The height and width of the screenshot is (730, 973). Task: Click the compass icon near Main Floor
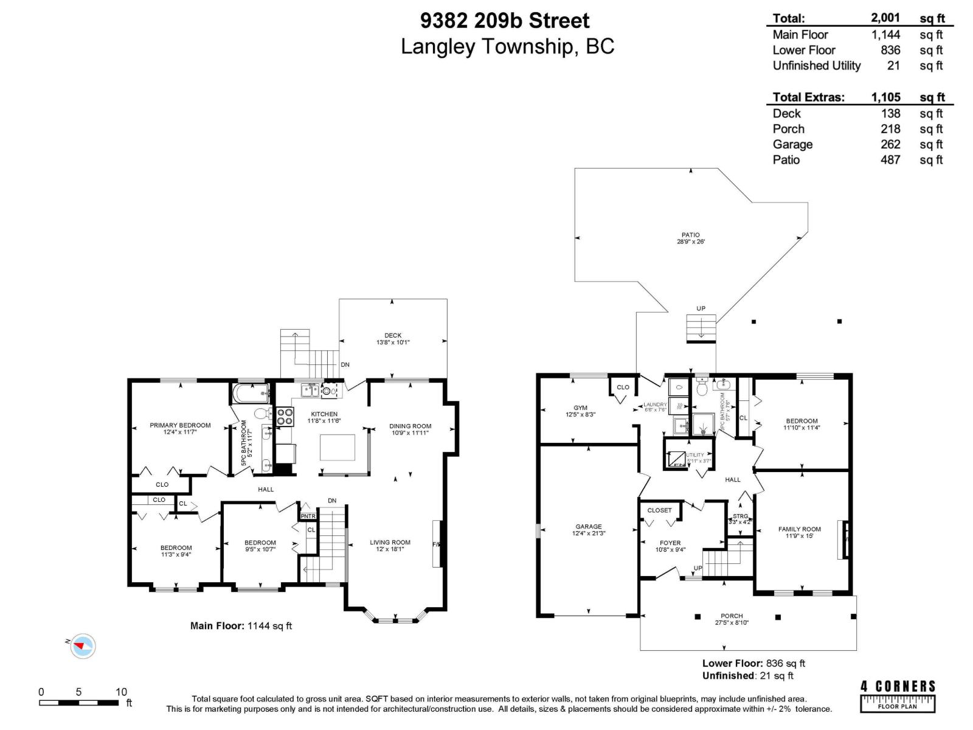pyautogui.click(x=83, y=645)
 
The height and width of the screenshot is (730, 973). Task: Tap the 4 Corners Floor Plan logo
pyautogui.click(x=898, y=696)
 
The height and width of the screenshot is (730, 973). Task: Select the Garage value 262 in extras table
pyautogui.click(x=890, y=144)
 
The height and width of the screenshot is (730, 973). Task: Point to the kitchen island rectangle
pyautogui.click(x=338, y=448)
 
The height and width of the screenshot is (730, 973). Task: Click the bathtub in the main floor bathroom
pyautogui.click(x=250, y=392)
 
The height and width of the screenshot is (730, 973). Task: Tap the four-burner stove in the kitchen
pyautogui.click(x=285, y=416)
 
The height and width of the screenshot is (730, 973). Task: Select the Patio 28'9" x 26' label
pyautogui.click(x=690, y=238)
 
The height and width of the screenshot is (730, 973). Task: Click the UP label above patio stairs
pyautogui.click(x=701, y=308)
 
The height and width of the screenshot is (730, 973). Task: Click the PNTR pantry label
pyautogui.click(x=308, y=516)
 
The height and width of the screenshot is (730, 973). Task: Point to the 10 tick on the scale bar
pyautogui.click(x=122, y=692)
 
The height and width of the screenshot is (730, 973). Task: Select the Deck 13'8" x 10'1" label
pyautogui.click(x=393, y=339)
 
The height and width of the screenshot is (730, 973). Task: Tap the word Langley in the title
pyautogui.click(x=437, y=47)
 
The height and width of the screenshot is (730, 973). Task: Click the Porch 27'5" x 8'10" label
pyautogui.click(x=732, y=619)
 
